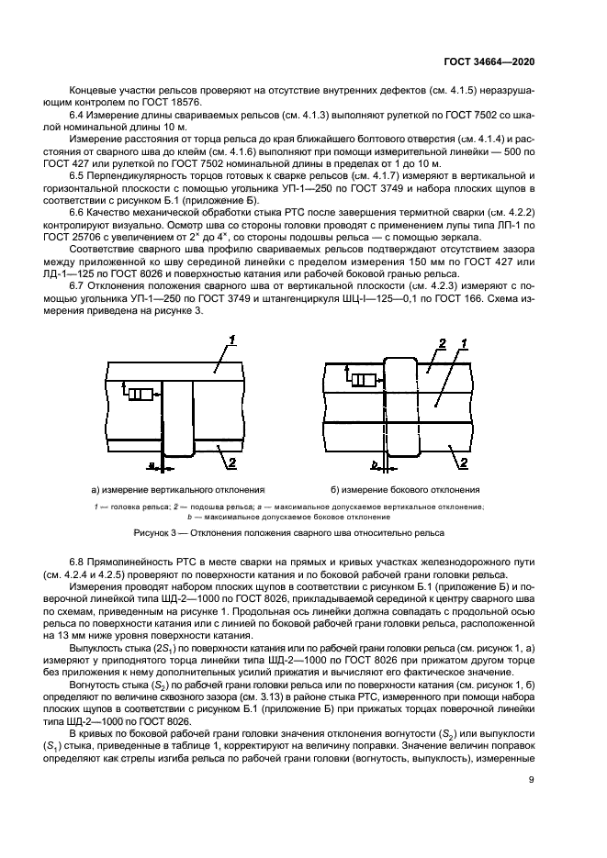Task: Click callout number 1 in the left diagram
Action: click(x=232, y=340)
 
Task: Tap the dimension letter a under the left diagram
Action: click(x=152, y=466)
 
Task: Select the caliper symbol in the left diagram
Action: click(x=141, y=395)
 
